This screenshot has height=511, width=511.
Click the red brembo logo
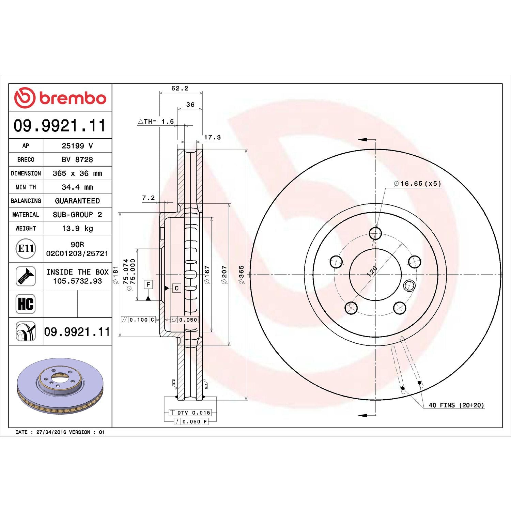pos(60,98)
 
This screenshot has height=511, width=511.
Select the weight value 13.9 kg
pos(77,228)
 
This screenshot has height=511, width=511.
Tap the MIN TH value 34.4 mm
pos(77,187)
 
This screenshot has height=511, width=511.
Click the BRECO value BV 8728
pos(77,159)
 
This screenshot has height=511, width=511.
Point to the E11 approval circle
pos(26,248)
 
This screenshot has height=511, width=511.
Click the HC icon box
pos(26,304)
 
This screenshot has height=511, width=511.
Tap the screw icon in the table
pos(26,276)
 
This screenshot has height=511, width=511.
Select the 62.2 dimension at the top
pos(180,88)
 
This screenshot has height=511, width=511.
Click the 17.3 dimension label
pos(212,137)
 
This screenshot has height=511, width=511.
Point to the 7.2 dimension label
pos(148,198)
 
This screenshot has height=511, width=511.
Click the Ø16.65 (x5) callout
pos(417,184)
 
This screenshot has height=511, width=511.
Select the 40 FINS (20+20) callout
pos(456,405)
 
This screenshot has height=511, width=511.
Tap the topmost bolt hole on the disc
pos(375,233)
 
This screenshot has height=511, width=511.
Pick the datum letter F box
pos(148,284)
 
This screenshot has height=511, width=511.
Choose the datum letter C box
pos(176,288)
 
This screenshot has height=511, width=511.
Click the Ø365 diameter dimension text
pos(241,275)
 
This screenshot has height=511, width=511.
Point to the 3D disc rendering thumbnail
pos(60,386)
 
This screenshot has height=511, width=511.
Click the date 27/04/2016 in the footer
pos(51,432)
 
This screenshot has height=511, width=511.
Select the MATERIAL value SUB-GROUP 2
pos(77,215)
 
